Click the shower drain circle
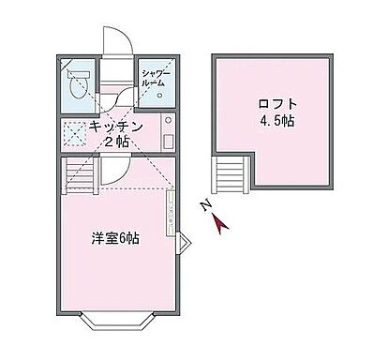pos(159,95)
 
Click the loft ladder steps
pos(231,174)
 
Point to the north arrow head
pos(218,222)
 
